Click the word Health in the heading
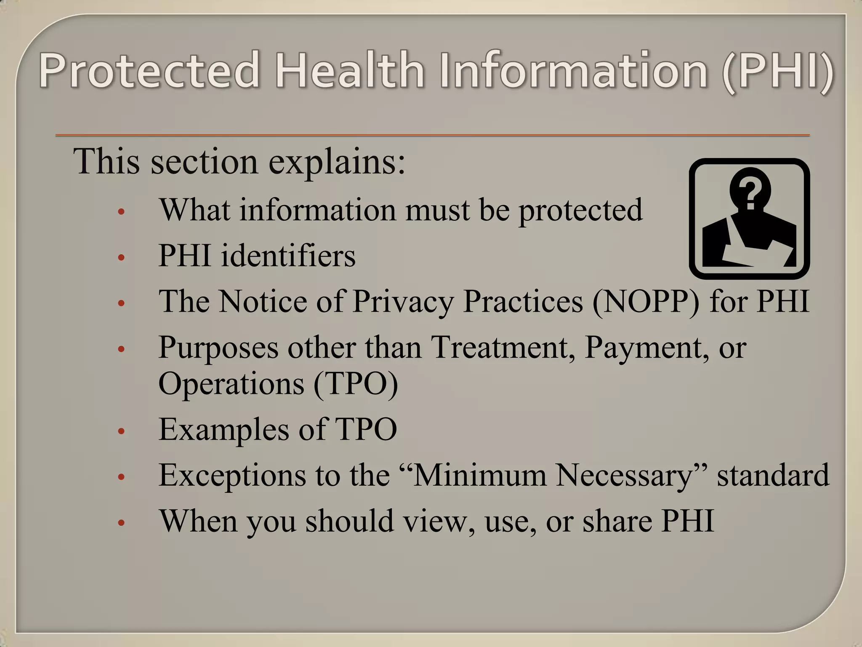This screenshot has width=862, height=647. pyautogui.click(x=349, y=70)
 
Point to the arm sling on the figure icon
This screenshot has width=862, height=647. pyautogui.click(x=753, y=249)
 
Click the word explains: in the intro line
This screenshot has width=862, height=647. pyautogui.click(x=337, y=162)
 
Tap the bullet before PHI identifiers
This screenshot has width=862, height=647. pyautogui.click(x=121, y=257)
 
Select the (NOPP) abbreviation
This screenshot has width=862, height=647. pyautogui.click(x=646, y=302)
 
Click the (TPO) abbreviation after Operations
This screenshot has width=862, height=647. pyautogui.click(x=356, y=384)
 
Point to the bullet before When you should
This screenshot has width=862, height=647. pyautogui.click(x=121, y=523)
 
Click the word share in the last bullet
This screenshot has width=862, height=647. pyautogui.click(x=617, y=521)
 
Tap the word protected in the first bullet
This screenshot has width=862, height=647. pyautogui.click(x=581, y=210)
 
